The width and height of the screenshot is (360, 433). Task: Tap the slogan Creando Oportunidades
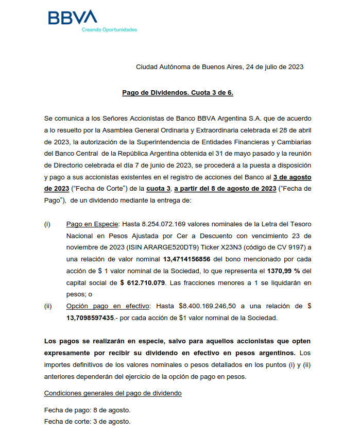pos(109,30)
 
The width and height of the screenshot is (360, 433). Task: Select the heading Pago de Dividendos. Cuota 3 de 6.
pos(178,93)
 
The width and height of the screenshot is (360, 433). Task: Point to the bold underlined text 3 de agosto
pos(292,177)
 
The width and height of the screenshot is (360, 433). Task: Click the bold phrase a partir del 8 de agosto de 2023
pos(226,189)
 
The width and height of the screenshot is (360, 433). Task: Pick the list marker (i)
pos(47,224)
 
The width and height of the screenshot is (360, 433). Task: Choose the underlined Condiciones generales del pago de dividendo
pos(113,393)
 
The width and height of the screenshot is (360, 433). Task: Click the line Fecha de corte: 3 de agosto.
pos(88,422)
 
